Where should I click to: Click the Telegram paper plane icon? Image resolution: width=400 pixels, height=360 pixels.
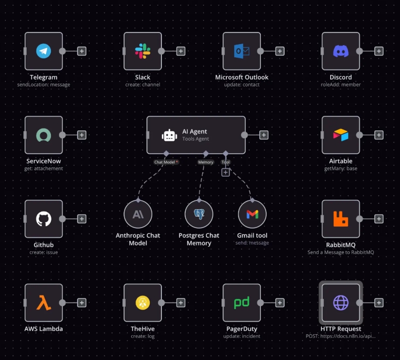[43, 51]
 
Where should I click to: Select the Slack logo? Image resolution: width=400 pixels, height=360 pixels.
[143, 51]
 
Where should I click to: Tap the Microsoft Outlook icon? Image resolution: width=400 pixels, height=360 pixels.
[241, 51]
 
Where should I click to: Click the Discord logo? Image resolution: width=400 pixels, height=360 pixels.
[341, 51]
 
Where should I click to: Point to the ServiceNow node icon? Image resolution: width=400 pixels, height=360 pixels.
[44, 135]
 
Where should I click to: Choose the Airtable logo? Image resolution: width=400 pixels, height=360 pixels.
[340, 135]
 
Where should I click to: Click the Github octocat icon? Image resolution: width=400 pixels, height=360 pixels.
[44, 219]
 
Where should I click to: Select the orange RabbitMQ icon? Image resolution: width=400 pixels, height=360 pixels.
[340, 219]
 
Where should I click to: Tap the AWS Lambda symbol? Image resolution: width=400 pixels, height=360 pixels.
[44, 303]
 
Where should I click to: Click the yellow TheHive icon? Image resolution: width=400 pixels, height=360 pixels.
[143, 303]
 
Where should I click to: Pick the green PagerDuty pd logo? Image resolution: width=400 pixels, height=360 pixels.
[241, 303]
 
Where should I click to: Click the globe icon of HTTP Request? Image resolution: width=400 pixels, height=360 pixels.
[341, 303]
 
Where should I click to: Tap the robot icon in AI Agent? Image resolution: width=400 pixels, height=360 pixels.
[169, 135]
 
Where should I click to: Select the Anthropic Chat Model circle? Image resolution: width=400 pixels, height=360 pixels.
[138, 214]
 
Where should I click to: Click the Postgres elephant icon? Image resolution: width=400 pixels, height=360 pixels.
[199, 214]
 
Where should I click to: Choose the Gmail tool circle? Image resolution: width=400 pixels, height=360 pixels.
[252, 214]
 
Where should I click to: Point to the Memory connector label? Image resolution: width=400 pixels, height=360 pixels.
[206, 162]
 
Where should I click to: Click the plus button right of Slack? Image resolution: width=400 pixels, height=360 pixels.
[181, 51]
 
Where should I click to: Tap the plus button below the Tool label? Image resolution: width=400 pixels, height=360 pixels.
[225, 172]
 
